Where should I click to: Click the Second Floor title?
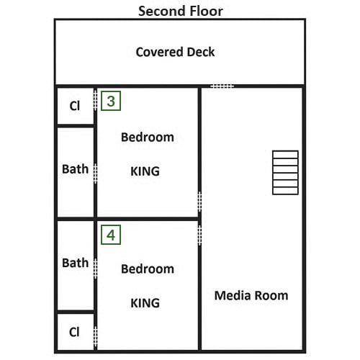click(x=181, y=12)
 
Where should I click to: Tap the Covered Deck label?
click(x=175, y=52)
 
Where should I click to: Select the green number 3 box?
click(x=111, y=101)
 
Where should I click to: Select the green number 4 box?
click(x=111, y=235)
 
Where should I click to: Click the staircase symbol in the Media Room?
click(x=285, y=172)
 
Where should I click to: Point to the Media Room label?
click(x=251, y=295)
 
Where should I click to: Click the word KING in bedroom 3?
click(x=145, y=171)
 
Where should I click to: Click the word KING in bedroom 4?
click(x=145, y=302)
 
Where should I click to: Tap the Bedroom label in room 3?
click(x=148, y=137)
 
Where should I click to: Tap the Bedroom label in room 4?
click(x=148, y=269)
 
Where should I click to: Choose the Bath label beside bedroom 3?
click(x=75, y=168)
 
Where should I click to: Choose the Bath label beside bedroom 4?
click(x=75, y=263)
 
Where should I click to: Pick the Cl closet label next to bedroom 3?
click(x=74, y=106)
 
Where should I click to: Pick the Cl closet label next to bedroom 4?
click(x=74, y=332)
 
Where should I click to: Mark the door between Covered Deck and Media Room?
click(x=222, y=86)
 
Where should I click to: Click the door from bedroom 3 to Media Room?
click(x=199, y=202)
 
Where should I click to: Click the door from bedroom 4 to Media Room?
click(x=199, y=235)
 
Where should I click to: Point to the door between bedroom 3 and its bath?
click(x=95, y=174)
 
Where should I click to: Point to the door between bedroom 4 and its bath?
click(x=95, y=269)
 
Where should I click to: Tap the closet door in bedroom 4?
click(x=95, y=336)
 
